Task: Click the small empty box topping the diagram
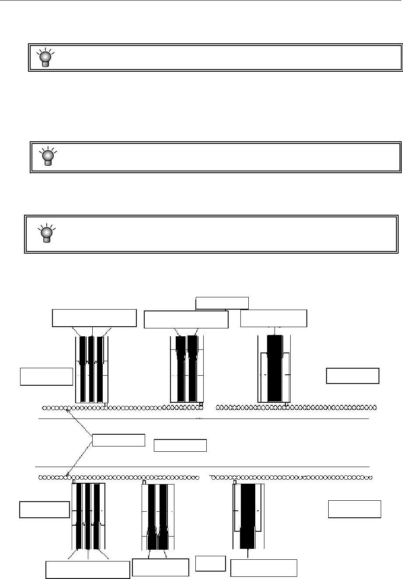coord(222,303)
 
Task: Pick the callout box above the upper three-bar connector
coord(94,318)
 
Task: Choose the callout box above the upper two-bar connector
coord(186,320)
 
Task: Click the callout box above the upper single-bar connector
coord(274,318)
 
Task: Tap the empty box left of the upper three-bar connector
coord(47,377)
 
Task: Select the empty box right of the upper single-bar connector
coord(353,376)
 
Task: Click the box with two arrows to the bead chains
coord(118,440)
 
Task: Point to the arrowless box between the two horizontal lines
coord(181,445)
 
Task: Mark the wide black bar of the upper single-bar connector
coord(274,370)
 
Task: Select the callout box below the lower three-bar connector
coord(88,570)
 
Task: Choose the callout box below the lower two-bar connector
coord(160,567)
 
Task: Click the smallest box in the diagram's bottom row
coord(210,563)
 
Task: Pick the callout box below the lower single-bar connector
coord(264,568)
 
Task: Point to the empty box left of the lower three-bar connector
coord(45,509)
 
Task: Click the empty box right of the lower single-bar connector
coord(354,509)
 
